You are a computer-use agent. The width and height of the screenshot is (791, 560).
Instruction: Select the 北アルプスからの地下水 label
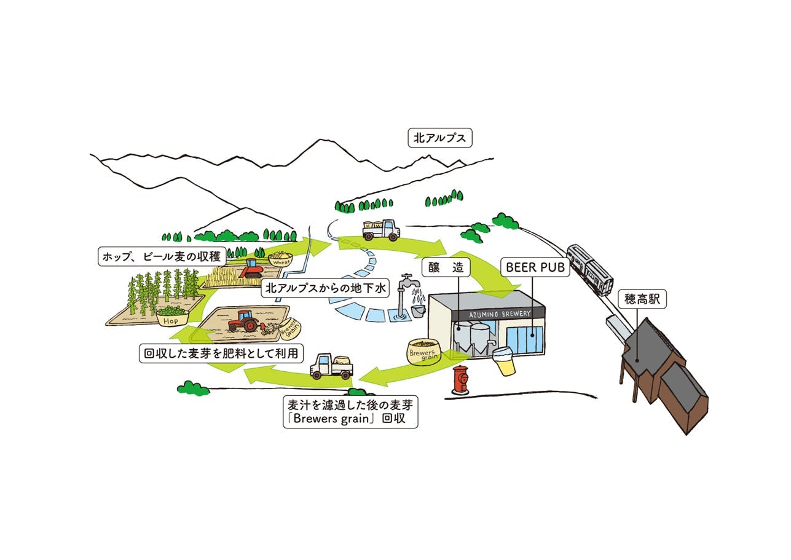coord(325,288)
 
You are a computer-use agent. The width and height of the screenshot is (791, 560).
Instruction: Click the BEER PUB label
coord(535,267)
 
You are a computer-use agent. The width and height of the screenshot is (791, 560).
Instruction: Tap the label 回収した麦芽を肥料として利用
coord(222,353)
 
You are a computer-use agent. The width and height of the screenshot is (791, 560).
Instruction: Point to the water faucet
coord(408,285)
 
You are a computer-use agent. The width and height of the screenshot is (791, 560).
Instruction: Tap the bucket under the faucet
coord(418,311)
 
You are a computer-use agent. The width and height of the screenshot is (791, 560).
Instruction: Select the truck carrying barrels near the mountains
coord(381,230)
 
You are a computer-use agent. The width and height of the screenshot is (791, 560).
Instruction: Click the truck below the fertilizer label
coord(332,366)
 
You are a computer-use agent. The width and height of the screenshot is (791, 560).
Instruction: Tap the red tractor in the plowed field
coord(243,320)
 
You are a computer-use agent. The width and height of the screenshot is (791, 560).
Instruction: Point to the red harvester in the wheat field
coord(251,268)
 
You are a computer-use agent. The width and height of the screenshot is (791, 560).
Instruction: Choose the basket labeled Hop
coord(172,316)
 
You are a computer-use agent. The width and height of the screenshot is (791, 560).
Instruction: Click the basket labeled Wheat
coord(280,258)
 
